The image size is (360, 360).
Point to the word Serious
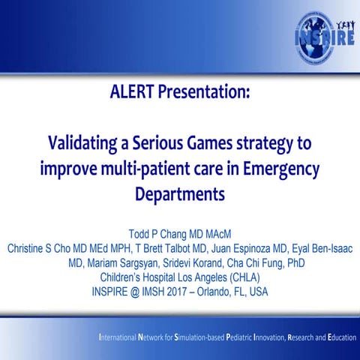click(156, 140)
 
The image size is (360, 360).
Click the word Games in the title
click(208, 140)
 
